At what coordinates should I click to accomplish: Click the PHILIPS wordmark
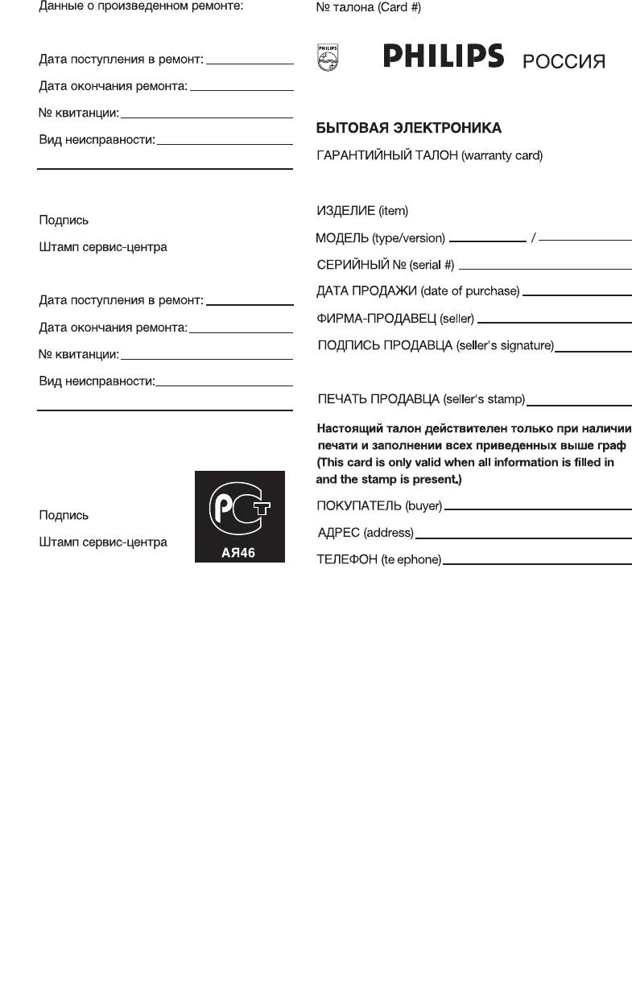click(x=444, y=57)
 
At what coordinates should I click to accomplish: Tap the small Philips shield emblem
click(x=327, y=58)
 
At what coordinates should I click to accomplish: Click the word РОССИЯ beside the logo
click(x=564, y=62)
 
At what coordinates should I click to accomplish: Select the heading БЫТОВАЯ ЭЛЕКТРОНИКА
click(x=408, y=128)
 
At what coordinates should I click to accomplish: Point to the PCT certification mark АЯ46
click(x=239, y=516)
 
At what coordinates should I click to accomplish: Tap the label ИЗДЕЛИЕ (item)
click(x=362, y=211)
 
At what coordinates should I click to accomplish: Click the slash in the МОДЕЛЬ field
click(x=533, y=238)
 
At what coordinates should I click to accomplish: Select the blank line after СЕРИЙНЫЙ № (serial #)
click(x=545, y=267)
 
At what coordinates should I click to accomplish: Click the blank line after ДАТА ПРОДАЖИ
click(x=576, y=294)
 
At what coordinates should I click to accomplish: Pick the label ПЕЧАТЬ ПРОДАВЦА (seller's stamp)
click(x=421, y=398)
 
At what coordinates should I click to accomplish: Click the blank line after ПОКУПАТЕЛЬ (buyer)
click(x=538, y=508)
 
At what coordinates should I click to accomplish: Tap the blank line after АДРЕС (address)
click(x=523, y=537)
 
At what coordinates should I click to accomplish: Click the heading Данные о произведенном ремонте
click(x=141, y=6)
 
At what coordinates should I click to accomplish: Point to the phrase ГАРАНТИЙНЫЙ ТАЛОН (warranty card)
click(x=429, y=155)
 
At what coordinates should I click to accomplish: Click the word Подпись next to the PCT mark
click(x=64, y=515)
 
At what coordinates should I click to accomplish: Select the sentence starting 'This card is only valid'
click(x=465, y=463)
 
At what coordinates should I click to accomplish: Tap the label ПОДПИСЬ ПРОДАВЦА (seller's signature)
click(x=436, y=346)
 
